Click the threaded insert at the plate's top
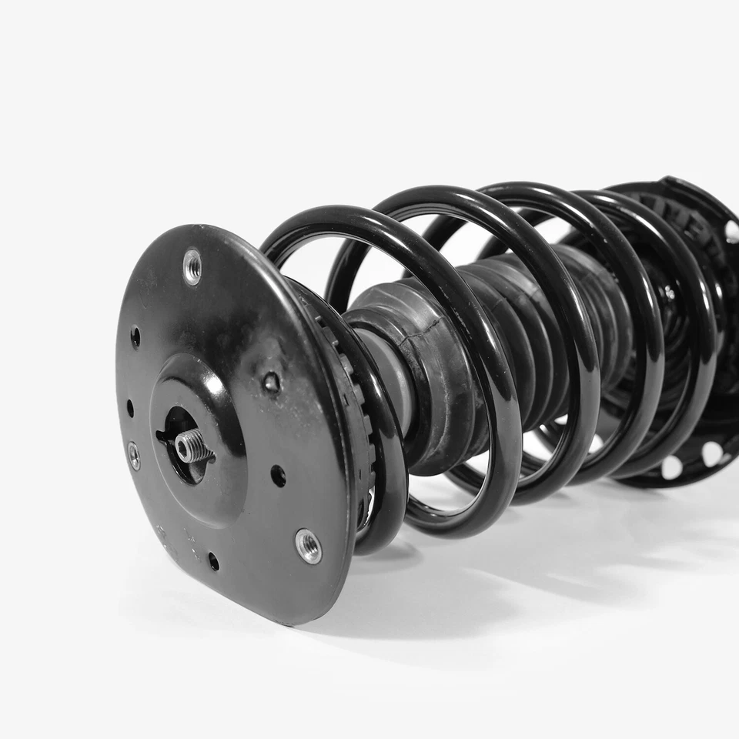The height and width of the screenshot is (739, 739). (x=192, y=266)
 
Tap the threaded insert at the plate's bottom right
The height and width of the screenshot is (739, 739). (x=308, y=546)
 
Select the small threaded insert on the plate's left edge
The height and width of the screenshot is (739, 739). (x=134, y=455)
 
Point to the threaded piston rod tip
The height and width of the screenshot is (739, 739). (x=192, y=446)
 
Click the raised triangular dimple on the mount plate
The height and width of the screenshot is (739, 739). (x=271, y=381)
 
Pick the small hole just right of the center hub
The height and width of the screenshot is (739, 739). (x=277, y=476)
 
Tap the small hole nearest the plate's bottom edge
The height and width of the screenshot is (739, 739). (x=213, y=561)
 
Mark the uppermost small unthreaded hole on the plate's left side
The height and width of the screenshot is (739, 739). (x=136, y=336)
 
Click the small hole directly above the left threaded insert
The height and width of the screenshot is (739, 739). (x=129, y=408)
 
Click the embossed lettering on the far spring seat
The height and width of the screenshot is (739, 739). (x=677, y=219)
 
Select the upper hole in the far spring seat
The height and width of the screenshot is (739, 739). (x=731, y=230)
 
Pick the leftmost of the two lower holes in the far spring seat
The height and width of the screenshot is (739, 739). (x=672, y=466)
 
